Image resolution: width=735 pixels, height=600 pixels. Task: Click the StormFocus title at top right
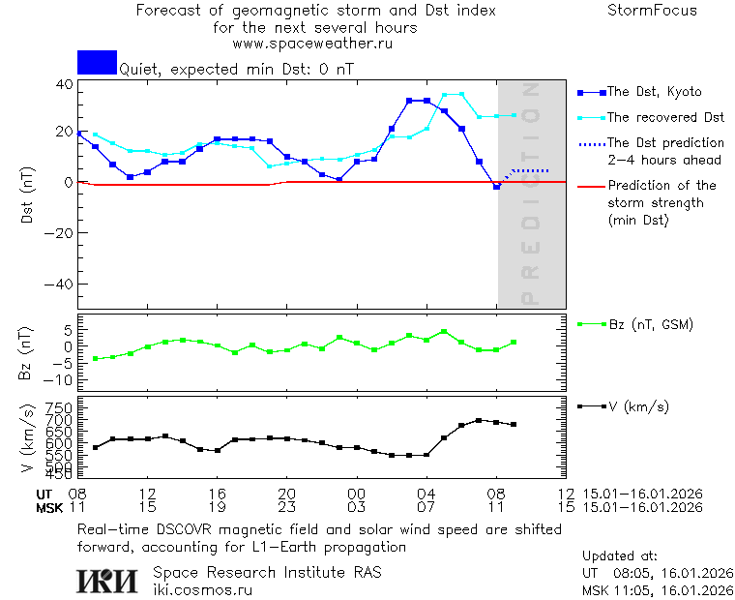click(x=652, y=11)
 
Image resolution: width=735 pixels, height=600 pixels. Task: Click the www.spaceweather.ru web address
click(x=312, y=44)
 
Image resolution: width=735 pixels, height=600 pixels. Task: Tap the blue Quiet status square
click(x=97, y=62)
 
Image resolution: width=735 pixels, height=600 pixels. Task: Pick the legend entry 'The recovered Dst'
click(x=665, y=117)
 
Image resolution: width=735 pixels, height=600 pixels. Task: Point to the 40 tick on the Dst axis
click(x=64, y=84)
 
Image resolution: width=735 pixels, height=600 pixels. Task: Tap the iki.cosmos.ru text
click(x=203, y=589)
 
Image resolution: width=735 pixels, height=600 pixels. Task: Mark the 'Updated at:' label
click(x=620, y=556)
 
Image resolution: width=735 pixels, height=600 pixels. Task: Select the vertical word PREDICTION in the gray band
click(x=530, y=194)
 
